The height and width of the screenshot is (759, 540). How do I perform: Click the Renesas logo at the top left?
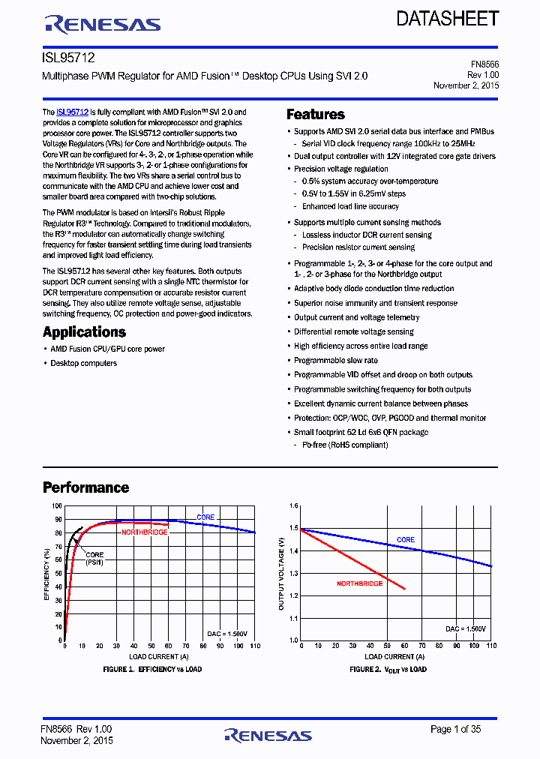click(x=103, y=24)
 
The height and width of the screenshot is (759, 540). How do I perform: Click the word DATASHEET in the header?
click(x=448, y=19)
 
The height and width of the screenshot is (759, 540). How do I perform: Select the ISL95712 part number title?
click(x=68, y=58)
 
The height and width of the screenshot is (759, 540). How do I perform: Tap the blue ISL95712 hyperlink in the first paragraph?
click(x=72, y=112)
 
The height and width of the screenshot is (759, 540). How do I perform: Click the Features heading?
click(x=316, y=115)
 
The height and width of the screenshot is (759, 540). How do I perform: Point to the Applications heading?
click(x=84, y=332)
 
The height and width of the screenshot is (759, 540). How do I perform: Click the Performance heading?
click(x=85, y=487)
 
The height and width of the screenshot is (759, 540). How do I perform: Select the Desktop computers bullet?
click(x=83, y=363)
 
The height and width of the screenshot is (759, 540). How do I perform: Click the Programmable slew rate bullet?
click(x=335, y=360)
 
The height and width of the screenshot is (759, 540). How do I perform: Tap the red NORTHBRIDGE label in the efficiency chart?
click(x=145, y=532)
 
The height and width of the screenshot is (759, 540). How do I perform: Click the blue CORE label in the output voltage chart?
click(x=405, y=540)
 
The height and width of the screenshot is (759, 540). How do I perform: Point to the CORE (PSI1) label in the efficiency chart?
click(x=94, y=558)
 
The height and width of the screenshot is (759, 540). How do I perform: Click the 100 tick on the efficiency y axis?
click(x=57, y=506)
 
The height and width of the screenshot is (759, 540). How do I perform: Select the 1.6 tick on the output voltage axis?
click(x=293, y=506)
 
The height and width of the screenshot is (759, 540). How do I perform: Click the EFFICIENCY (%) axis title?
click(x=46, y=574)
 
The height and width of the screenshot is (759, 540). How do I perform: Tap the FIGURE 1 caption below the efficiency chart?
click(x=151, y=669)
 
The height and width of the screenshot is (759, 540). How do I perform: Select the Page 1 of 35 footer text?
click(x=455, y=729)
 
